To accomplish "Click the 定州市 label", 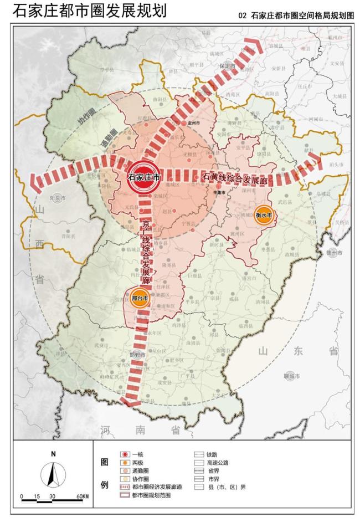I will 193,123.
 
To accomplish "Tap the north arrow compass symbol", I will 53,474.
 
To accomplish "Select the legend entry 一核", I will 138,454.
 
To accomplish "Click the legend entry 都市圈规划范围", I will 152,495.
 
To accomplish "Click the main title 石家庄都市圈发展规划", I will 89,12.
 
